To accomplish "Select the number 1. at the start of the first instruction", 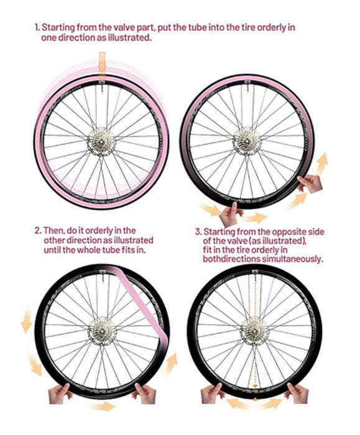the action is [x=37, y=28].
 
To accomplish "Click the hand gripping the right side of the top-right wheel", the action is [x=310, y=184].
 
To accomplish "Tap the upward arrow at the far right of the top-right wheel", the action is [x=322, y=163].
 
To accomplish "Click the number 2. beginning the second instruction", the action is [x=39, y=231].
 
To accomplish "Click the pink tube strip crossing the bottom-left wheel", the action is [x=142, y=299].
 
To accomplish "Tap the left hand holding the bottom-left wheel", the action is [x=59, y=393].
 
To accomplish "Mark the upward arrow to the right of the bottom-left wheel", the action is [x=171, y=364].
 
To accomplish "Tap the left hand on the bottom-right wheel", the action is [x=211, y=393].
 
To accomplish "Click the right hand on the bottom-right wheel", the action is [x=298, y=393].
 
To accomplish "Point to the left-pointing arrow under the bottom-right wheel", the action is [x=238, y=403].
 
